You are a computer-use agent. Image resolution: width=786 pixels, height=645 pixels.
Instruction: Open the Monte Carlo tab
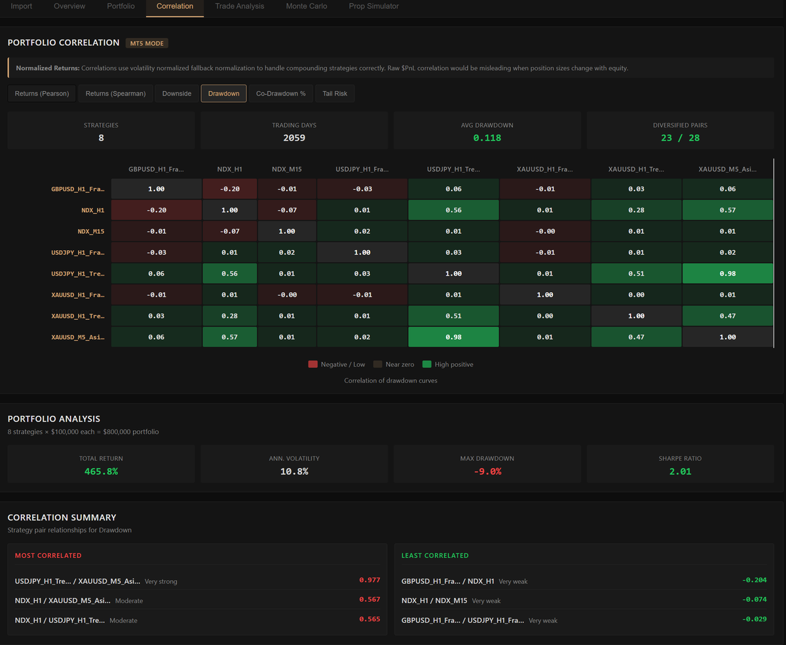(307, 6)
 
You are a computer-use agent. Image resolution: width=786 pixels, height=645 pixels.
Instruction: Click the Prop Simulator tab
(373, 6)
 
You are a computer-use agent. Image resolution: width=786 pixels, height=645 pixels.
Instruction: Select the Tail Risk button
(335, 94)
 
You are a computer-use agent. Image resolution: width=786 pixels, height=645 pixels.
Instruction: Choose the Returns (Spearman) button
(115, 94)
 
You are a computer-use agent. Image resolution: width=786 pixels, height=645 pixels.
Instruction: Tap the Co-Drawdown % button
(280, 94)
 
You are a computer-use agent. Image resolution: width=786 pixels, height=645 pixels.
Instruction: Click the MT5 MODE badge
(147, 43)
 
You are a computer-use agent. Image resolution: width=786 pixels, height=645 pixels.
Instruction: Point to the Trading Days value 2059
(294, 138)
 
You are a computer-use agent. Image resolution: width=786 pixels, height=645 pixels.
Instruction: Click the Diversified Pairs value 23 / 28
(680, 138)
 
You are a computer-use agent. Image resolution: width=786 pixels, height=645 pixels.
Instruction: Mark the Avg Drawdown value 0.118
(487, 138)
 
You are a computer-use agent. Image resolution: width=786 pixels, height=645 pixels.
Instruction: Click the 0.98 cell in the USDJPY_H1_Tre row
(728, 274)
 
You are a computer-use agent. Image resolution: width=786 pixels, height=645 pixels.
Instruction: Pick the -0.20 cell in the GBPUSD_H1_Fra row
(230, 189)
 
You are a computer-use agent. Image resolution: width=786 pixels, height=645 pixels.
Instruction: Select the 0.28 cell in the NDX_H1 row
(636, 210)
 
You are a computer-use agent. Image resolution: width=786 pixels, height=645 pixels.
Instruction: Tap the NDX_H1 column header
(230, 170)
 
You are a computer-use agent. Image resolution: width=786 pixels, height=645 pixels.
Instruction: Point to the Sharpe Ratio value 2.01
(680, 471)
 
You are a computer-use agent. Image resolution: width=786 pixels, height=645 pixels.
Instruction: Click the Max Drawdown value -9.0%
(487, 471)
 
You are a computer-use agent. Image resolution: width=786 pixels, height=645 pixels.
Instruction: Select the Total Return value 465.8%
(101, 471)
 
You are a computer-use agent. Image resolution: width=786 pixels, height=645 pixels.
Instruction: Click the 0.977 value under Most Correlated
(369, 580)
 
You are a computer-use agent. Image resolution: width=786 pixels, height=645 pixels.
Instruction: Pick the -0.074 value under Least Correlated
(754, 600)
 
